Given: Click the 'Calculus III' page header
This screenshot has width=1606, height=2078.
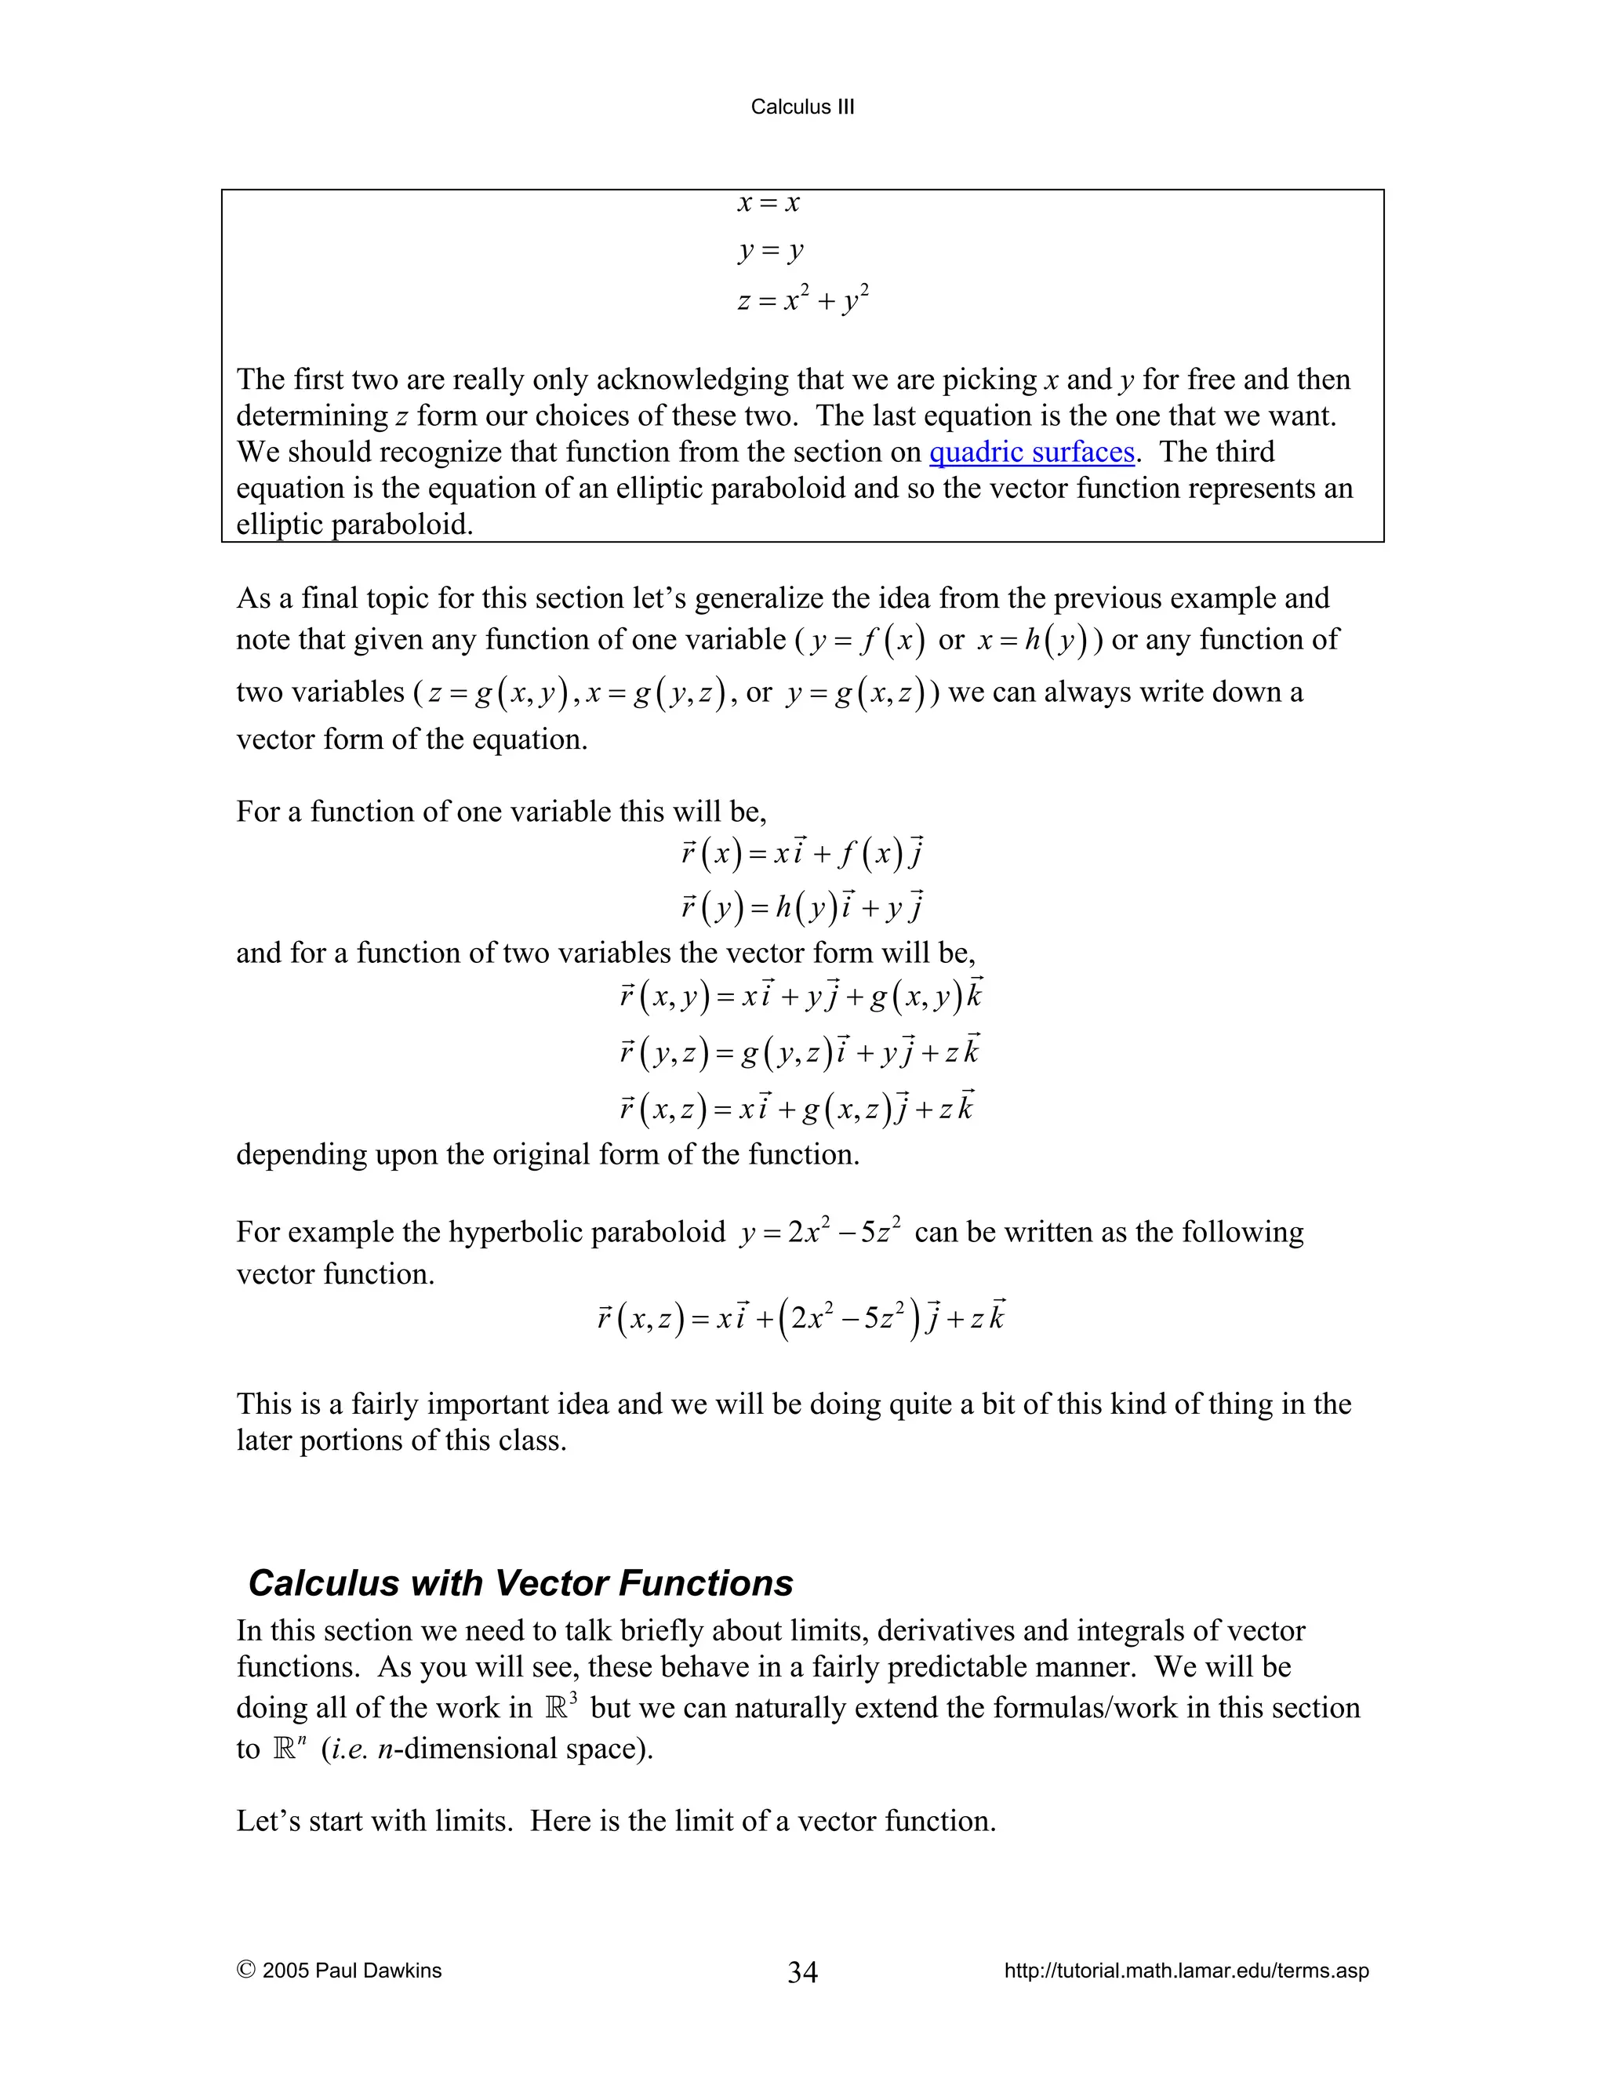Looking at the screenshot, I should [802, 107].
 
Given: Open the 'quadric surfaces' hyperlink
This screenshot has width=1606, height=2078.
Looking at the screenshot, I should [1031, 452].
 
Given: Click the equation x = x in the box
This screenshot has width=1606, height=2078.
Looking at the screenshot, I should [768, 202].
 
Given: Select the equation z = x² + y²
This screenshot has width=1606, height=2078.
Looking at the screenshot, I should [802, 300].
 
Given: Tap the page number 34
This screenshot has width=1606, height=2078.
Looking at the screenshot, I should [802, 1971].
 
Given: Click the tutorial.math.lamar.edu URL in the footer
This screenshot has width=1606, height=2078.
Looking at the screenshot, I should [1186, 1971].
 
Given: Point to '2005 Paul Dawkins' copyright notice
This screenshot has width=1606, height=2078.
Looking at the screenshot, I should [340, 1971].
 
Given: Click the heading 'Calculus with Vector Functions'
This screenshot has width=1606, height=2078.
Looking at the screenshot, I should [521, 1583].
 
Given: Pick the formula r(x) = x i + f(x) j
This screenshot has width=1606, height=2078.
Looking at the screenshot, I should [802, 852].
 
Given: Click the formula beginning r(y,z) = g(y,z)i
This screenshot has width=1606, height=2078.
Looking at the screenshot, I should [799, 1052].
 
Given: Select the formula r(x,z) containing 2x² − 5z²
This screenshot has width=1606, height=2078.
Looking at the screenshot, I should [801, 1319].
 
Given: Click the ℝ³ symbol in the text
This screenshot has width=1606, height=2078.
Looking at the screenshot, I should [561, 1707].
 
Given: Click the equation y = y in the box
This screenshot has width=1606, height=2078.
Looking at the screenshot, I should [771, 250].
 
